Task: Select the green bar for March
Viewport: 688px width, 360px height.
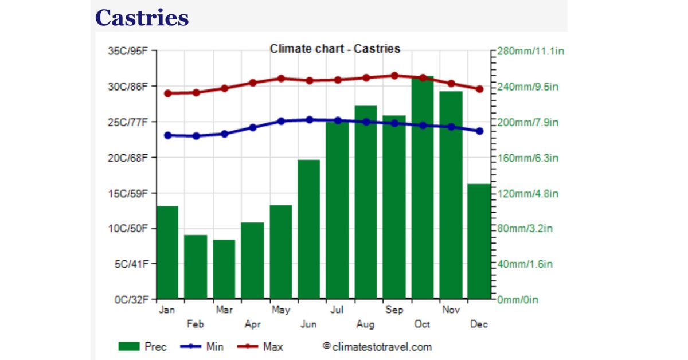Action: [224, 269]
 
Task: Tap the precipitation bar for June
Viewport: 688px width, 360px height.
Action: [309, 229]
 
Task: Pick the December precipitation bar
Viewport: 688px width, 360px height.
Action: [479, 241]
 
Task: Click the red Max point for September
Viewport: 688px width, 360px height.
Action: [394, 76]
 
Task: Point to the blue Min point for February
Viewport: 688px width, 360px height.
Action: [196, 136]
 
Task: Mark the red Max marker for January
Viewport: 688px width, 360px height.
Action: [167, 93]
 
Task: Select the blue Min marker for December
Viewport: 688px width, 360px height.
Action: [479, 131]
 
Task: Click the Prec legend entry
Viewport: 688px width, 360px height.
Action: [143, 347]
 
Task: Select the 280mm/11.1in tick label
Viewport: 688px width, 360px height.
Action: [531, 51]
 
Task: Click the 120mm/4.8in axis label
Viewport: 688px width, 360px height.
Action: [528, 193]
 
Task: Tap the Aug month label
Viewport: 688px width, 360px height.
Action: [365, 324]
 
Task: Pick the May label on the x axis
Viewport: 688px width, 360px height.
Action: [280, 310]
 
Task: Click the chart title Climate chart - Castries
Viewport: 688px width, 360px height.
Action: [335, 49]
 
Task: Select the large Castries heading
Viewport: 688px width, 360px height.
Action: [142, 18]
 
